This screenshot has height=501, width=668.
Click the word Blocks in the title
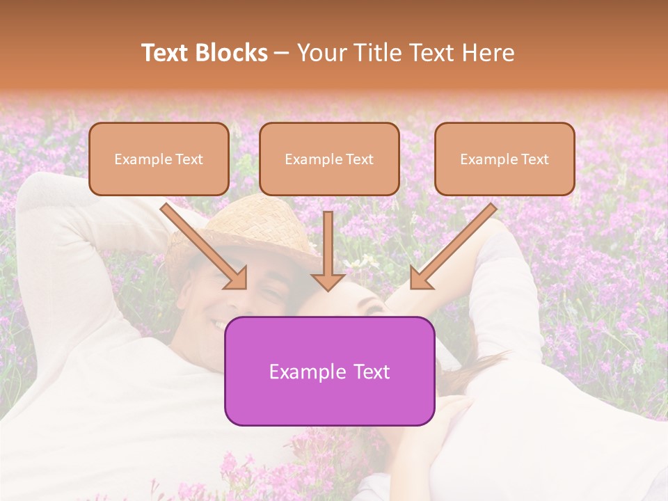[232, 53]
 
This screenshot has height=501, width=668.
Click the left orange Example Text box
[159, 159]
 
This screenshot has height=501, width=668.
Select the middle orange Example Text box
[329, 159]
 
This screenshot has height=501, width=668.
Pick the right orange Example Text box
[504, 159]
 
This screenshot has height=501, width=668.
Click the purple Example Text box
[329, 371]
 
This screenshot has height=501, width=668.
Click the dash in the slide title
[283, 53]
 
